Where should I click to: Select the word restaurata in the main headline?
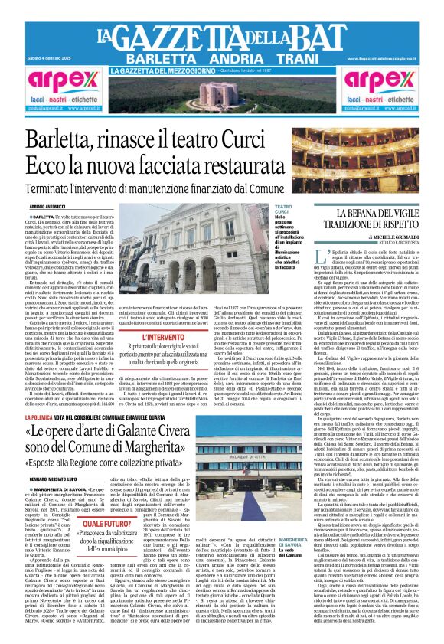coord(243,167)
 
